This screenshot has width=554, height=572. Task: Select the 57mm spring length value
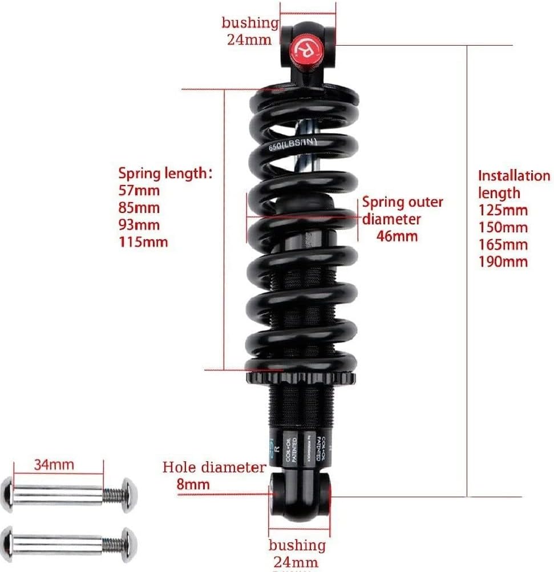click(x=139, y=190)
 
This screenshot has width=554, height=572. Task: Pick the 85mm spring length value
click(x=139, y=207)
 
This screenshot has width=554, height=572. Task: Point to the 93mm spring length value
click(x=139, y=224)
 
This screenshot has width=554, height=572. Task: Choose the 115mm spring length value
click(x=143, y=241)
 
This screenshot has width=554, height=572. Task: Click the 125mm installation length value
click(x=503, y=210)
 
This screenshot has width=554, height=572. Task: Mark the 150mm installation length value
click(x=503, y=227)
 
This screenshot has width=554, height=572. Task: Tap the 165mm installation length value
click(x=503, y=244)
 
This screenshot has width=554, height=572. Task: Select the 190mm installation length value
click(x=503, y=261)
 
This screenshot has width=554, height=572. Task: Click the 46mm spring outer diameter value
click(x=397, y=236)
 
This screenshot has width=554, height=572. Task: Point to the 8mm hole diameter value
click(x=193, y=485)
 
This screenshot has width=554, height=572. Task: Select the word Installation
click(x=513, y=175)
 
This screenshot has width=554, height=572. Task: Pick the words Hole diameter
click(x=214, y=468)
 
